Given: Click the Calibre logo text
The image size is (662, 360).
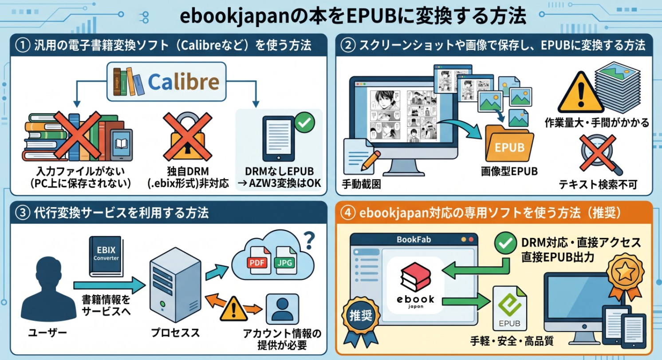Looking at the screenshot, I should pos(183,82).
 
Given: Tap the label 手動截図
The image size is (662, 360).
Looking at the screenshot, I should pos(361,183).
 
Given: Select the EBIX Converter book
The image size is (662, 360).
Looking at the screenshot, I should pos(106,256).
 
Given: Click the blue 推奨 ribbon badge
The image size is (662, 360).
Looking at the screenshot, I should pos(361,316).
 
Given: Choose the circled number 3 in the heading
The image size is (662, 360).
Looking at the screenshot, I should pos(22,213).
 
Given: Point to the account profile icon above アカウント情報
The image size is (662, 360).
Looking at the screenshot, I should pos(281,309).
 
